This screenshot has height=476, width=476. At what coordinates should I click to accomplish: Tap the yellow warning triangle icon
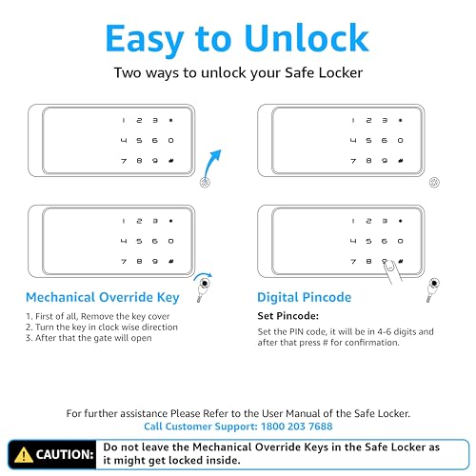(23, 454)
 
